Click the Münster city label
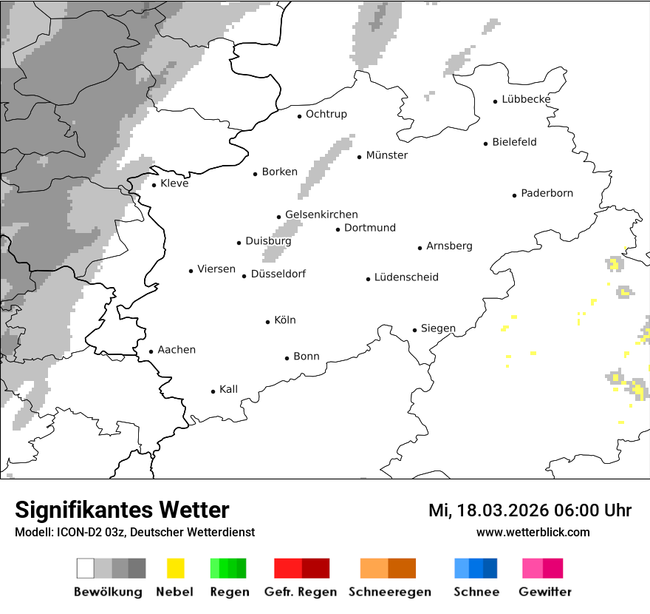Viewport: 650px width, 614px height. [387, 155]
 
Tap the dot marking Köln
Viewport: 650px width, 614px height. [268, 322]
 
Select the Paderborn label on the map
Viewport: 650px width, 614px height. [547, 194]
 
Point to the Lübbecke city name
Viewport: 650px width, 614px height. [526, 100]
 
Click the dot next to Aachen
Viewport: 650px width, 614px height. [151, 352]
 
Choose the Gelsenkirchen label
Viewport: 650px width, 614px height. [321, 215]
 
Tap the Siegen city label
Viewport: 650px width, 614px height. [438, 328]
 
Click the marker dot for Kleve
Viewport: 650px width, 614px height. [154, 185]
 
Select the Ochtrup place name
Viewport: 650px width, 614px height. [326, 114]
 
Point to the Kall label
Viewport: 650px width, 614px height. [229, 389]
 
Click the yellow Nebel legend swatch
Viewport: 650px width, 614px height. [175, 568]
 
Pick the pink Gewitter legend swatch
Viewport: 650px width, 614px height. [542, 568]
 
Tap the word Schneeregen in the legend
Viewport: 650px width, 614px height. [390, 592]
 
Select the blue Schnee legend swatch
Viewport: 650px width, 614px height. [476, 568]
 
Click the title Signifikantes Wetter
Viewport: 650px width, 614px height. [123, 510]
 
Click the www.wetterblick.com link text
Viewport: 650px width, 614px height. [533, 532]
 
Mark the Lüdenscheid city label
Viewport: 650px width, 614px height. [406, 277]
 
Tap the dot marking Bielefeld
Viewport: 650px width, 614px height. [486, 144]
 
